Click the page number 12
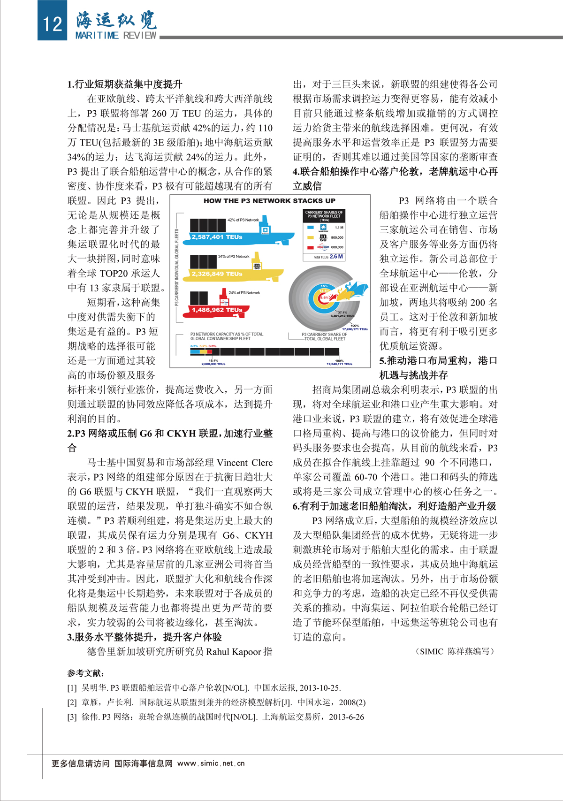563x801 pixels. pos(52,23)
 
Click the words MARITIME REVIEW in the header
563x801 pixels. pos(116,35)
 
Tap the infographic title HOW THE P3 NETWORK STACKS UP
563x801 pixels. pos(269,201)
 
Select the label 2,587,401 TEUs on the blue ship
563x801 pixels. pos(217,237)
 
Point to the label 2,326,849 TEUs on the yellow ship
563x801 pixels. pos(217,274)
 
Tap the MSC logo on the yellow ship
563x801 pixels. pos(257,267)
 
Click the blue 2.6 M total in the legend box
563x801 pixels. pos(336,257)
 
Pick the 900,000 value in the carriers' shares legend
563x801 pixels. pos(337,237)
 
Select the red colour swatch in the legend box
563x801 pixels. pos(310,247)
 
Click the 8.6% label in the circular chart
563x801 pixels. pos(324,297)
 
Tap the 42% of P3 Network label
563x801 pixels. pos(243,220)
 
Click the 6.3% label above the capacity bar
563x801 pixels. pos(194,346)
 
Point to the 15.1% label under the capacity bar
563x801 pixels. pos(213,360)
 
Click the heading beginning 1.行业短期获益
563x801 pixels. pos(125,84)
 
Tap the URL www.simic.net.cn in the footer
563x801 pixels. pos(211,763)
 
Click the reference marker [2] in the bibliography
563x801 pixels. pos(72,702)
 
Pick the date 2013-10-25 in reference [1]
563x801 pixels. pos(320,688)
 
